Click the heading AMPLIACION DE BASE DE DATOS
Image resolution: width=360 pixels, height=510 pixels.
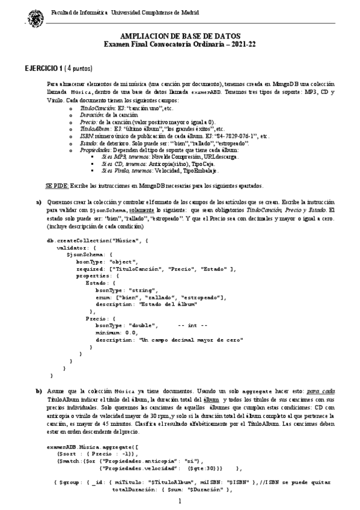pyautogui.click(x=180, y=37)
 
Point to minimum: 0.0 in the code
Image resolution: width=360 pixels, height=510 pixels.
pyautogui.click(x=115, y=333)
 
